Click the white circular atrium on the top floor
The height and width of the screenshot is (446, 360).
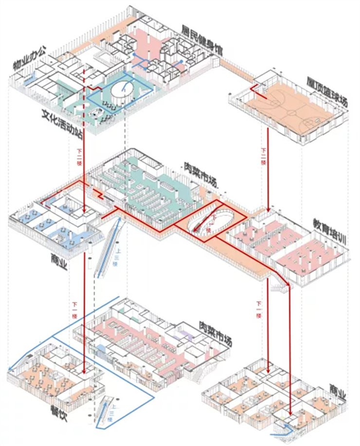click(121, 90)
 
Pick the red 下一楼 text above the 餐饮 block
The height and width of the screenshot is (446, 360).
click(75, 309)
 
